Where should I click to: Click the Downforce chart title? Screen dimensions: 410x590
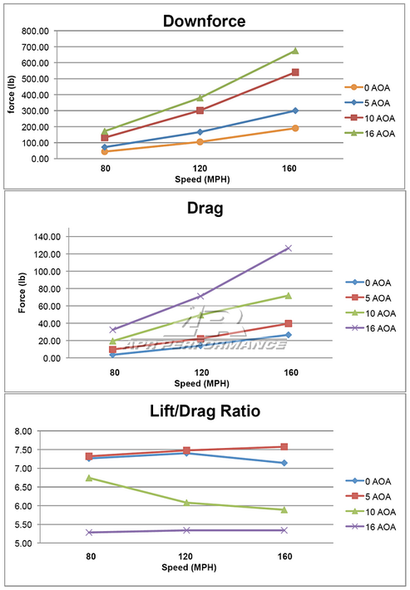204,21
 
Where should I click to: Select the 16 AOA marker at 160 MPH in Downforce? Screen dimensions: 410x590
295,51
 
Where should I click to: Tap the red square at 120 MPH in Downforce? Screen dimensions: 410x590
200,111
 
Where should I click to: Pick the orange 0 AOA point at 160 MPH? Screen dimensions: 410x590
295,128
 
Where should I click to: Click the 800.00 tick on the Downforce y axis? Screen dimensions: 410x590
36,32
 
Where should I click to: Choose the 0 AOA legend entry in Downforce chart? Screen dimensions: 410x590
368,88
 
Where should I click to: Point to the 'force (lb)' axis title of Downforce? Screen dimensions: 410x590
12,94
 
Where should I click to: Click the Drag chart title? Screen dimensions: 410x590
205,208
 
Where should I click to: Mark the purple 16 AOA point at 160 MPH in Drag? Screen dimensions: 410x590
289,248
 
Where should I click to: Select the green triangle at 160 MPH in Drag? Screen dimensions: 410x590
289,296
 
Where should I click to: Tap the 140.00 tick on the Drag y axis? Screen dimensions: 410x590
47,237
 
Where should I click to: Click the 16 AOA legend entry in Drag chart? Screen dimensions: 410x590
371,328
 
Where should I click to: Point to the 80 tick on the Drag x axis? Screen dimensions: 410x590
115,372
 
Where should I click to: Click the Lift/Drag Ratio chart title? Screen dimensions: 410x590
205,411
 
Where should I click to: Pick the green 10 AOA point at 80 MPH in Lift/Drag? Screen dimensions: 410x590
89,478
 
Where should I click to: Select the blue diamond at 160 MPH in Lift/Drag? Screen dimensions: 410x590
284,463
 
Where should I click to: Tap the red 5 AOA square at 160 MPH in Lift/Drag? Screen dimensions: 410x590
284,447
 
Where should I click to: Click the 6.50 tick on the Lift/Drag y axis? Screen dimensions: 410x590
23,487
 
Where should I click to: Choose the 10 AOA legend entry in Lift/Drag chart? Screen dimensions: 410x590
371,512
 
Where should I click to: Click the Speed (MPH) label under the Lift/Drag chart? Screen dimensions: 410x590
189,568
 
